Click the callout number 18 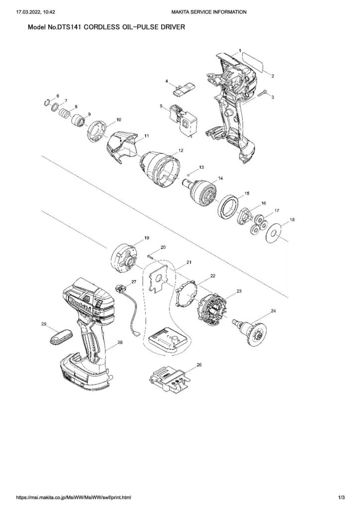(292, 219)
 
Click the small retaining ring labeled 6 (46, 103)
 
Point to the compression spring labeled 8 (64, 114)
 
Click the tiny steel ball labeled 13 (190, 174)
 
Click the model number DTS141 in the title (69, 28)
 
